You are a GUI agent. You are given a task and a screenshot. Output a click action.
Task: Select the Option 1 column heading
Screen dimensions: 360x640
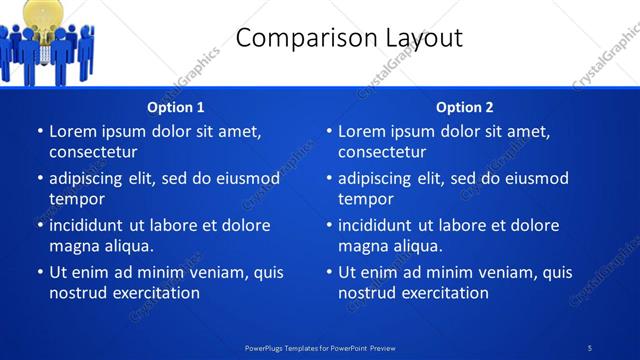[x=176, y=107]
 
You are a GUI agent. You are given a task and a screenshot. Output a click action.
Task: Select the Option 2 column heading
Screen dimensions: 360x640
[x=465, y=107]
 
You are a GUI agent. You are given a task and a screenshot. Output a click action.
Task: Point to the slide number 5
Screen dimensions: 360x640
[x=590, y=347]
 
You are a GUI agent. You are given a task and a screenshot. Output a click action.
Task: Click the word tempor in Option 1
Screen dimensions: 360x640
[x=75, y=199]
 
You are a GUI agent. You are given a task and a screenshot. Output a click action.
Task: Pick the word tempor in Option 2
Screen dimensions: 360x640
[x=364, y=199]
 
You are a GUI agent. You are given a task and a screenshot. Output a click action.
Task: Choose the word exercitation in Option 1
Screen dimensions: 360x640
[x=155, y=293]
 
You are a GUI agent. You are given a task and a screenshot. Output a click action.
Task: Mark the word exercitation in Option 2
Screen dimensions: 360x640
[x=444, y=293]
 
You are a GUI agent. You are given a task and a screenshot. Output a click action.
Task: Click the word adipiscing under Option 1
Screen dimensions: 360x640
[x=87, y=178]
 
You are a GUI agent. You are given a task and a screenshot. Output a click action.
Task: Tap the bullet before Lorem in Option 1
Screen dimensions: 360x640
[x=39, y=131]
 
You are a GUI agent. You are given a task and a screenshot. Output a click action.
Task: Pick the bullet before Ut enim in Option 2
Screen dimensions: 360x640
[x=328, y=272]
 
